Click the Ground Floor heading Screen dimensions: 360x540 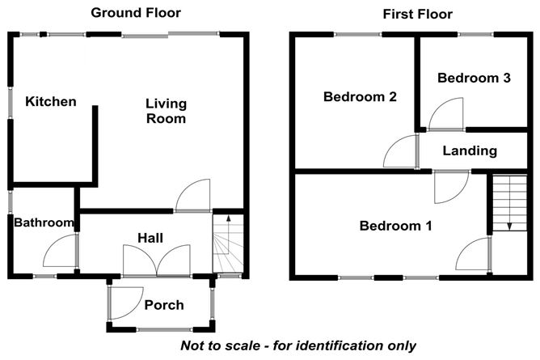coord(136,13)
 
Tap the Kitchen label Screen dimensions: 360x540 coord(50,102)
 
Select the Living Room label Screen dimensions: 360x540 coord(166,111)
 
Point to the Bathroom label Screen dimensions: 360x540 coord(44,222)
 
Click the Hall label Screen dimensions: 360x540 coord(150,238)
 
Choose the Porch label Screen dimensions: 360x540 coord(163,305)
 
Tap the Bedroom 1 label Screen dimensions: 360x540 coord(395,226)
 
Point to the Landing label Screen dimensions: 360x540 coord(470,150)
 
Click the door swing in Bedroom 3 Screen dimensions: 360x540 coord(445,113)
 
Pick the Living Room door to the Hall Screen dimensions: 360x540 coord(194,197)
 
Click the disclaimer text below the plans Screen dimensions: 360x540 coord(298,345)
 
